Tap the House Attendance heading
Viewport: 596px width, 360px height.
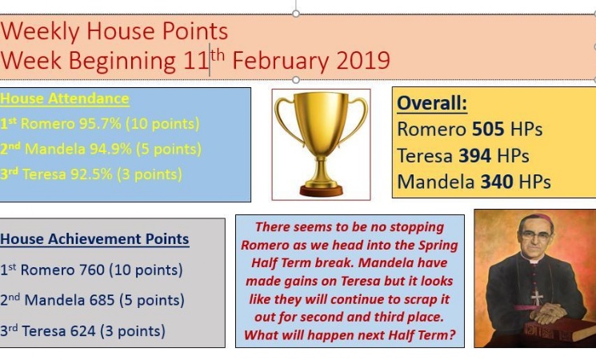65,98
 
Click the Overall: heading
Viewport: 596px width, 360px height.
432,103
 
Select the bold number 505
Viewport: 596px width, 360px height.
489,130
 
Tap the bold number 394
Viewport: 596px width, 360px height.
475,155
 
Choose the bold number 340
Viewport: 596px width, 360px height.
497,182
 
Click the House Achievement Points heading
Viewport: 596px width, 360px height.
94,239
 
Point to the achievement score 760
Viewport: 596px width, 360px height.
92,270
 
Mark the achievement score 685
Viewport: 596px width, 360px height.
102,300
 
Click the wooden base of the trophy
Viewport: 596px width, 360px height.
321,190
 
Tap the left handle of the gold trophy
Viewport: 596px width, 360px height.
287,118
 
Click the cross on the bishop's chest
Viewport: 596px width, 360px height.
537,298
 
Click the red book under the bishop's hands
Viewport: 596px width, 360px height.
559,330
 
